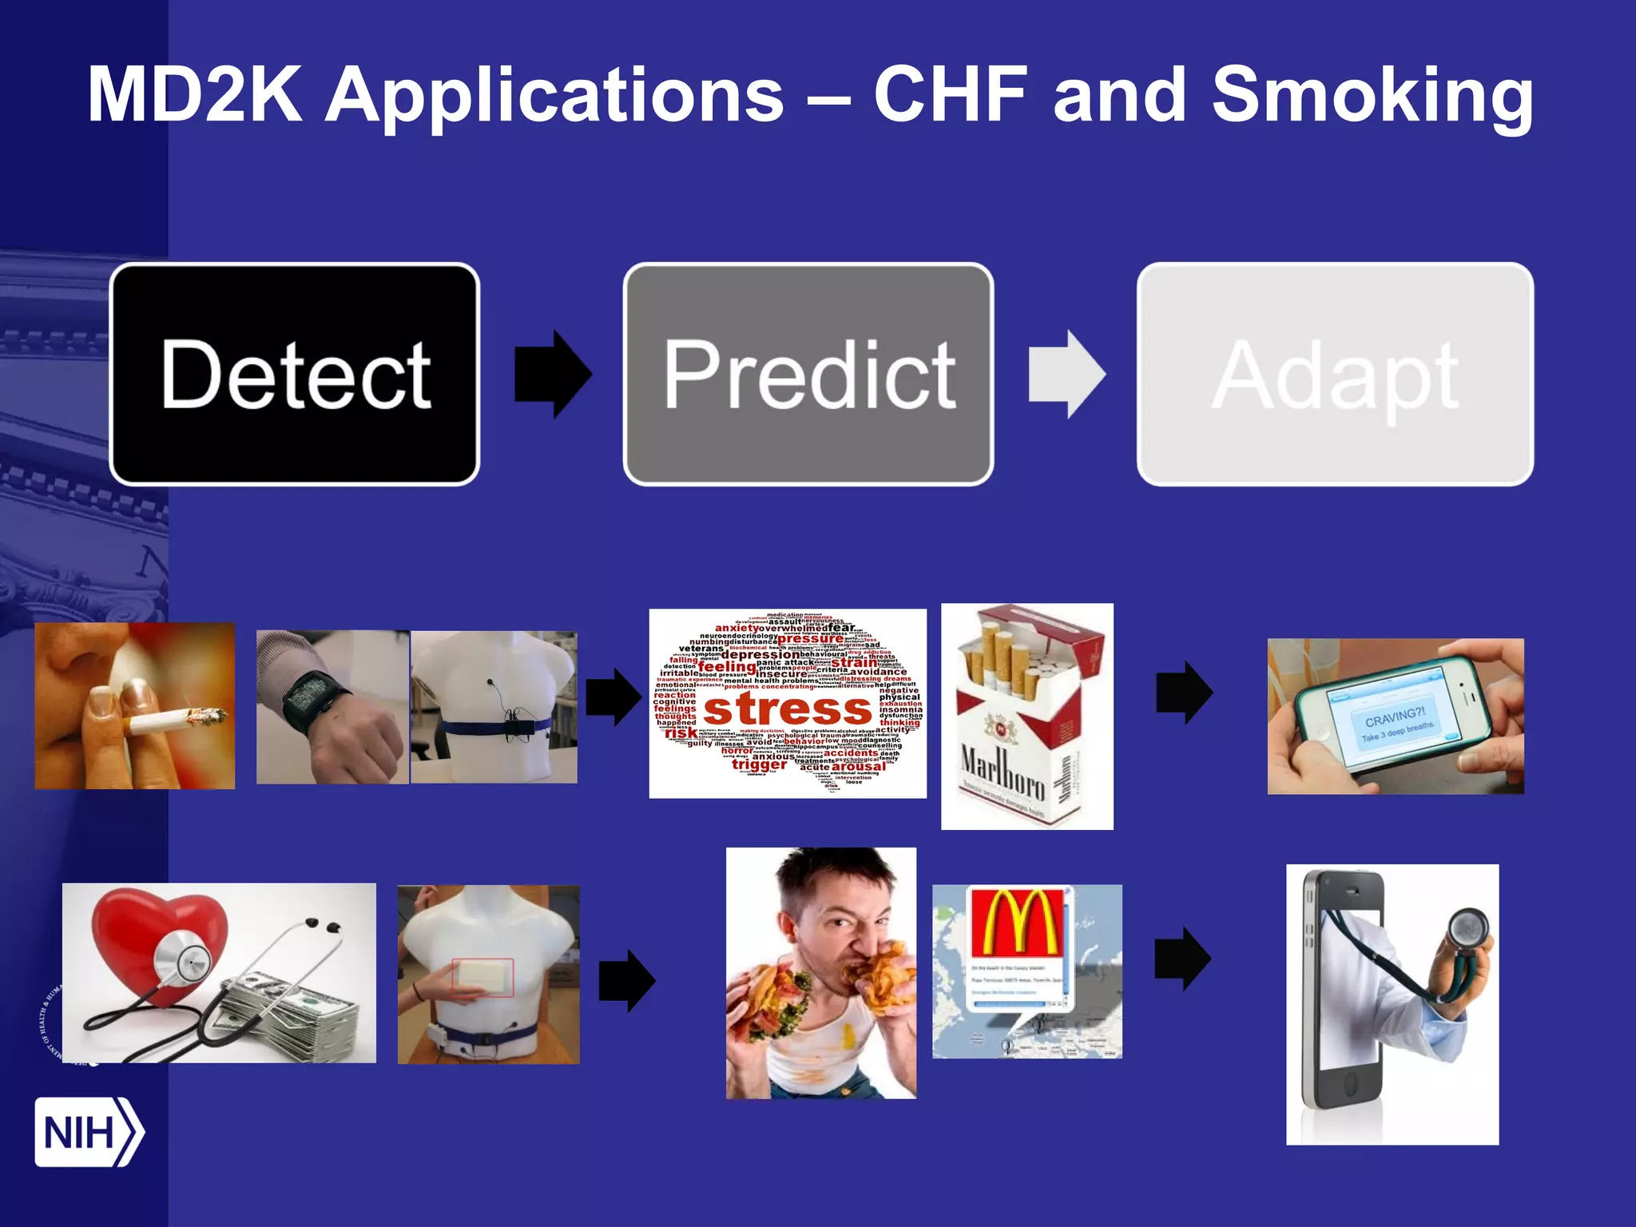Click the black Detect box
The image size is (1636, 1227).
coord(295,374)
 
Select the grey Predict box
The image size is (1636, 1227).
coord(808,374)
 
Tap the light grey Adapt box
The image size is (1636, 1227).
coord(1335,374)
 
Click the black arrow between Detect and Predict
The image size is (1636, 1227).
coord(553,374)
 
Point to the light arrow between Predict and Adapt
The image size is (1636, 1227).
coord(1066,374)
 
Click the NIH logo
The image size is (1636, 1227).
coord(88,1132)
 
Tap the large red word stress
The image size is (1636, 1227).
coord(788,709)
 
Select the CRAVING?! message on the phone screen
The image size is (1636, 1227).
coord(1395,716)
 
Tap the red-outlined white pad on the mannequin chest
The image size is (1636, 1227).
coord(482,977)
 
